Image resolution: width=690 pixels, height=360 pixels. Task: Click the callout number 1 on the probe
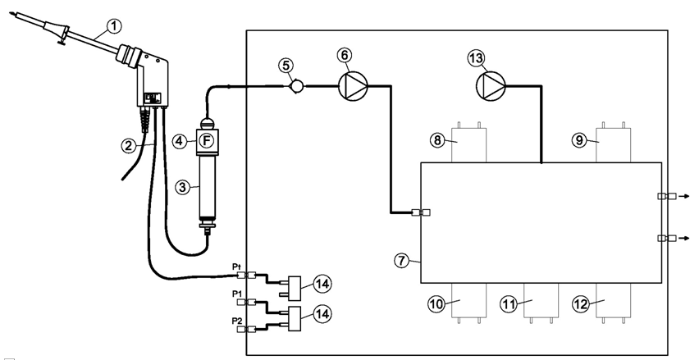(x=114, y=26)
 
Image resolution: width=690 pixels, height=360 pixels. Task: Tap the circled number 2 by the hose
(x=128, y=146)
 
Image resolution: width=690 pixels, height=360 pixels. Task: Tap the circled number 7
(x=401, y=260)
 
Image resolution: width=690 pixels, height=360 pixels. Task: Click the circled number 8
(x=438, y=140)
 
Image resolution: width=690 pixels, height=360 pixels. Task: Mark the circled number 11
(x=509, y=304)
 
